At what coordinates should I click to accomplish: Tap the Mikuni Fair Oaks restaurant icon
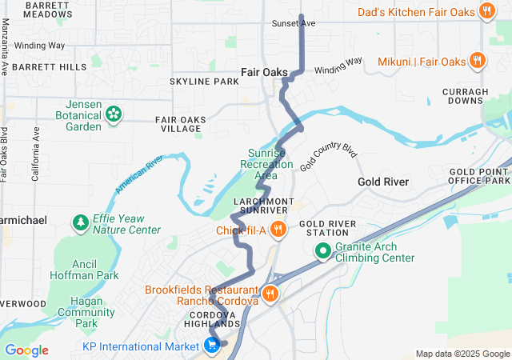click(x=477, y=61)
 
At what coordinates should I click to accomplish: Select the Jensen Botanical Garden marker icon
click(x=114, y=114)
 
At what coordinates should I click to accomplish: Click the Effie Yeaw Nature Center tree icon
click(x=80, y=222)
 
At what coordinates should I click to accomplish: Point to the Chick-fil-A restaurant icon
click(x=278, y=230)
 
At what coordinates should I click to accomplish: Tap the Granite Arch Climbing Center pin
click(x=324, y=251)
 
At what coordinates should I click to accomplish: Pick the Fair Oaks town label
click(x=265, y=72)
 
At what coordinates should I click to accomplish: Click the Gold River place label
click(x=383, y=182)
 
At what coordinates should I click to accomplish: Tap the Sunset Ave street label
click(x=294, y=23)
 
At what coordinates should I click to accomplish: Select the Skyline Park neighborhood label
click(x=204, y=82)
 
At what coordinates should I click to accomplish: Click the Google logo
click(x=26, y=350)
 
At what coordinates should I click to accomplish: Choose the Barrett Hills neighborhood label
click(x=50, y=67)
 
